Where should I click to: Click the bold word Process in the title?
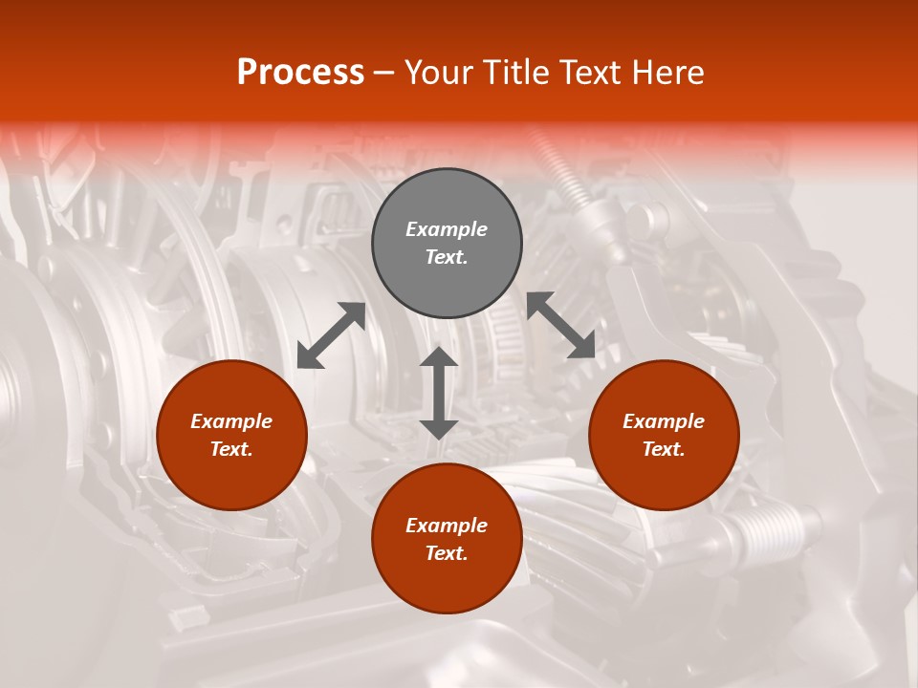point(300,73)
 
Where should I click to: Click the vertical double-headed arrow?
point(439,393)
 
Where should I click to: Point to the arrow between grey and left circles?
point(331,335)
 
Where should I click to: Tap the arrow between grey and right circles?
point(561,325)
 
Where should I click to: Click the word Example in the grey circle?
point(447,229)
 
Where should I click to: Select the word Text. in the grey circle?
point(447,258)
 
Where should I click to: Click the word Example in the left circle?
point(231,421)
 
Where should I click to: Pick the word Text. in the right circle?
point(664,449)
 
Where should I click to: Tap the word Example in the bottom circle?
point(447,526)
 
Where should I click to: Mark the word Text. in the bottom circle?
point(447,554)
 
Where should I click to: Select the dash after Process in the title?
point(384,73)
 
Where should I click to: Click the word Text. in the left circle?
point(231,449)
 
